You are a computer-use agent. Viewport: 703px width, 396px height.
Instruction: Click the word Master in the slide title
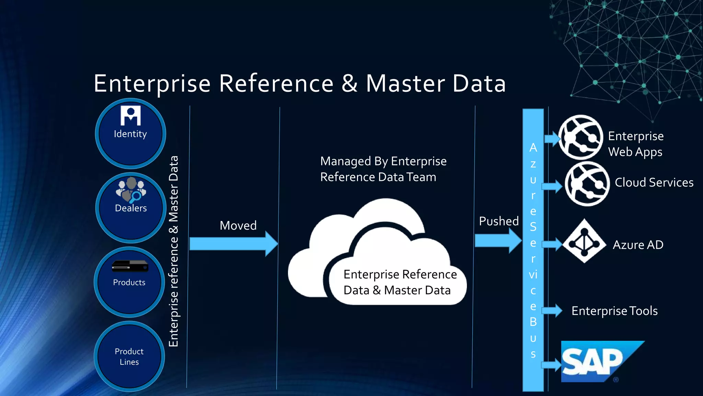405,84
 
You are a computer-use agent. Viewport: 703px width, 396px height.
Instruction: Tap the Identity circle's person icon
130,116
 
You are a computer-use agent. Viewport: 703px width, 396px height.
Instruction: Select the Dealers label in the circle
131,208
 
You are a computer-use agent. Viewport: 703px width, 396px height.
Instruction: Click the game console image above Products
130,266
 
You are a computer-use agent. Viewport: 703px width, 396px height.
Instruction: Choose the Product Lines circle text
129,356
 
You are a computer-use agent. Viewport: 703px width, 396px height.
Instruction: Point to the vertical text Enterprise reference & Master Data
174,251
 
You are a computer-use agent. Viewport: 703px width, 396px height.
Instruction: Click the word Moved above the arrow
238,225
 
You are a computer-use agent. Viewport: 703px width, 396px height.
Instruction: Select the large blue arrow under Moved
233,244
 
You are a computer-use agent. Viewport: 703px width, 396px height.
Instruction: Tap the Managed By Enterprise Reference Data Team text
383,169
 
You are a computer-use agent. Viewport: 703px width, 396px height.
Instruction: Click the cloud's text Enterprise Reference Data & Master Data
400,282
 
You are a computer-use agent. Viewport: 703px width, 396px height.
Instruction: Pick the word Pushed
499,221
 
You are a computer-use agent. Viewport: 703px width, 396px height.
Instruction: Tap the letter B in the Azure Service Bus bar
533,322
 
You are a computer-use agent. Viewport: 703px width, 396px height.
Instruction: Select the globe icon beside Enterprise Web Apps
580,137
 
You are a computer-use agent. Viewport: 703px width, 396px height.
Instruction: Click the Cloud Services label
654,183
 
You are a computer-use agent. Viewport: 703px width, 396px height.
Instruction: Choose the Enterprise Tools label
614,311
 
